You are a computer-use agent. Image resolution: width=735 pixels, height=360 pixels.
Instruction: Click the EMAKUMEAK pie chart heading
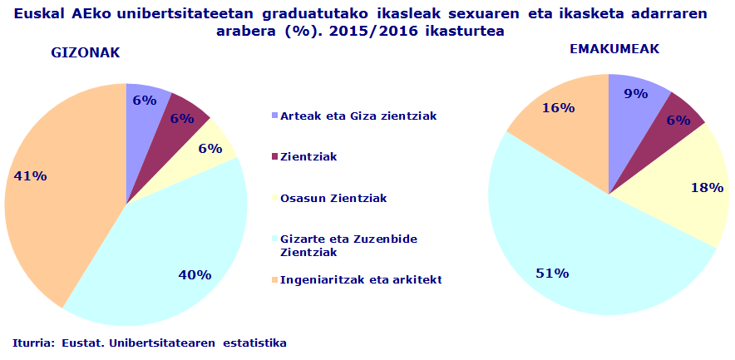614,49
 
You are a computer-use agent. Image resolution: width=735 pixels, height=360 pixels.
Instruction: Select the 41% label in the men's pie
31,175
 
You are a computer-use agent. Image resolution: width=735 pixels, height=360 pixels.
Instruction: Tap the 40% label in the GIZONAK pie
195,274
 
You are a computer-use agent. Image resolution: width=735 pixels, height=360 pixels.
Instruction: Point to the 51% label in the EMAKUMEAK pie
551,273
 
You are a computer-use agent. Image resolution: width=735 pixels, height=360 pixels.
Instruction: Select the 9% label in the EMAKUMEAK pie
635,94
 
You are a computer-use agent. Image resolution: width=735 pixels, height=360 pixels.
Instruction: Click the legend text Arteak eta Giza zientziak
358,115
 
